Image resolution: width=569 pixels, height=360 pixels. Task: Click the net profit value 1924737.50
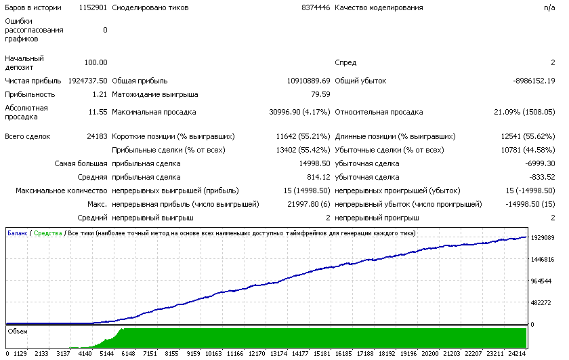[x=88, y=81]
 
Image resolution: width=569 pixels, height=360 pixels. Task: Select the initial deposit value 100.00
[x=96, y=62]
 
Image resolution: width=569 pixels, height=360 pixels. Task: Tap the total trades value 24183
[x=97, y=136]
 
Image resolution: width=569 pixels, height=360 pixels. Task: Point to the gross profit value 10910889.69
[x=308, y=81]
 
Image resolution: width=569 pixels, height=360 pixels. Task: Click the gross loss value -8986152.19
[x=534, y=81]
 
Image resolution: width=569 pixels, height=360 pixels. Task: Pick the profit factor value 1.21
[x=100, y=94]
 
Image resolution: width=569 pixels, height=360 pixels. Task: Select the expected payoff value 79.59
[x=320, y=94]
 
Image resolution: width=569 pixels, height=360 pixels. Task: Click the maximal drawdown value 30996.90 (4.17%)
[x=299, y=113]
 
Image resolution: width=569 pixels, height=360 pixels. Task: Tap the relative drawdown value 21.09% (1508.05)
[x=524, y=113]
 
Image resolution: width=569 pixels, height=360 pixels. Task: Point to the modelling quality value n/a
[x=549, y=7]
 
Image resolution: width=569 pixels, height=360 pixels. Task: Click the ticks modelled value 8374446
[x=316, y=7]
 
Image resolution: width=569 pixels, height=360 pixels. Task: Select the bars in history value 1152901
[x=93, y=7]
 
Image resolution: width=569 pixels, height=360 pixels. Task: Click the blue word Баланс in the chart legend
[x=18, y=233]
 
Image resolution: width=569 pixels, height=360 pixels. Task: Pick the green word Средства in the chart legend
[x=47, y=233]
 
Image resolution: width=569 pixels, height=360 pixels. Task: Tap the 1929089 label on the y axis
[x=543, y=238]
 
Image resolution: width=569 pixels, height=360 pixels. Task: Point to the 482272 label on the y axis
[x=541, y=303]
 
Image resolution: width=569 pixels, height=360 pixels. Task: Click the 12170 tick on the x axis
[x=257, y=354]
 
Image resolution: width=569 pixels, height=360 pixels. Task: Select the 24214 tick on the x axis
[x=517, y=354]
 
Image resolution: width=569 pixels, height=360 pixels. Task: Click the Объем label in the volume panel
[x=18, y=332]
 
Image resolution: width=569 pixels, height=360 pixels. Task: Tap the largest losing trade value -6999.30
[x=540, y=164]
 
